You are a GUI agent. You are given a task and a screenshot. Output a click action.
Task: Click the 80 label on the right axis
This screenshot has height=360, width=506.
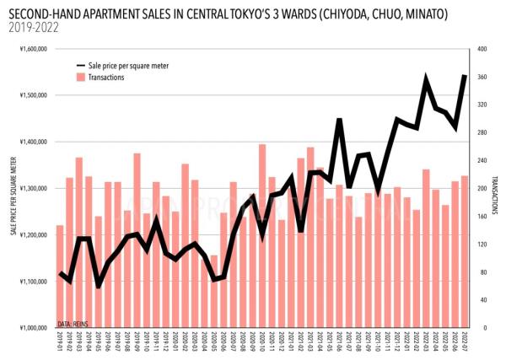(x=481, y=271)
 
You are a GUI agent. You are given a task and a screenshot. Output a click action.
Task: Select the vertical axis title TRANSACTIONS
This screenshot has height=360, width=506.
(x=495, y=188)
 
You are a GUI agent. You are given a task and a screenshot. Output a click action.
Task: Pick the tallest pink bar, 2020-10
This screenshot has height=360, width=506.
(x=262, y=236)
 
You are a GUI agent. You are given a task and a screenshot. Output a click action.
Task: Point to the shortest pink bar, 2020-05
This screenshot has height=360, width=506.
(x=214, y=291)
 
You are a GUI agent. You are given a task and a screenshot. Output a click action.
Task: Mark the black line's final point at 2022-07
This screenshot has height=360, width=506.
(x=465, y=76)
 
